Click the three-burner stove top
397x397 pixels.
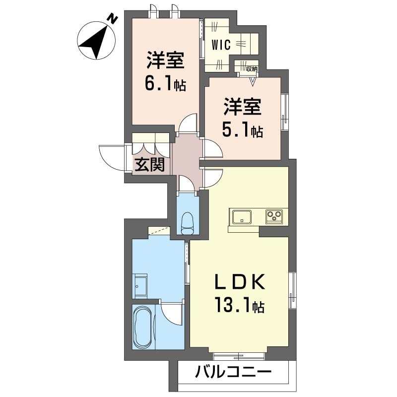coord(274,217)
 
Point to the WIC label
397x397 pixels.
coord(221,45)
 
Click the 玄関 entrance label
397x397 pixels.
coord(149,165)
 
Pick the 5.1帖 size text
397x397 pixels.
coord(242,130)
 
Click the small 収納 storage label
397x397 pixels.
coord(252,68)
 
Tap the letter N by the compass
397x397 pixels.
coord(113,19)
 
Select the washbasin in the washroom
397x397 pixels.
coord(140,286)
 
